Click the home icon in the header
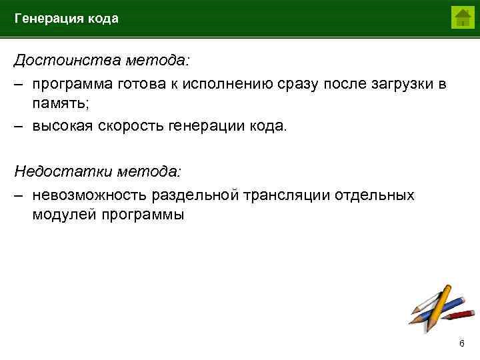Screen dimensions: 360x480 (461, 17)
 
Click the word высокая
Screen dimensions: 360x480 (62, 127)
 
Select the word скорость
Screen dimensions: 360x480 (131, 127)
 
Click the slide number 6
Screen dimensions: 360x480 (461, 343)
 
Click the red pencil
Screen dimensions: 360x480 (459, 314)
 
